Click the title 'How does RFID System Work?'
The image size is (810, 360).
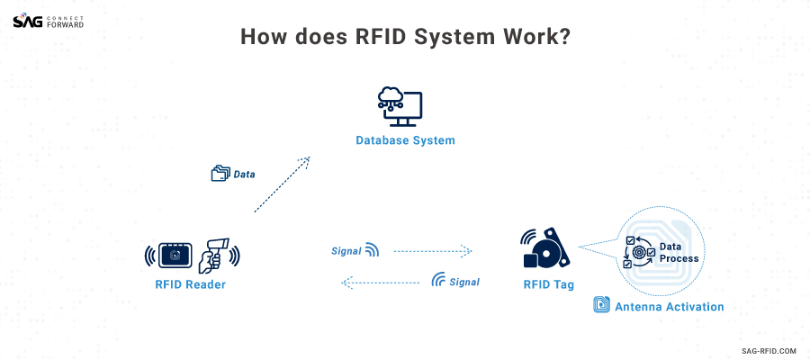[405, 38]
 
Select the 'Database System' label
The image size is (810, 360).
[405, 140]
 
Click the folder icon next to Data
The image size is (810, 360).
[220, 174]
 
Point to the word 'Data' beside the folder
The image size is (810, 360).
[244, 175]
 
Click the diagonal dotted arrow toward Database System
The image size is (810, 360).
[282, 184]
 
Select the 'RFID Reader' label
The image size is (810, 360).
[190, 285]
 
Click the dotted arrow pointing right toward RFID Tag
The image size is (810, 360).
[433, 251]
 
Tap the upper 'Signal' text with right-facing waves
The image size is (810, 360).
[346, 251]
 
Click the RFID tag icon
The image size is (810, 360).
[545, 248]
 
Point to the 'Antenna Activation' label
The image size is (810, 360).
[669, 307]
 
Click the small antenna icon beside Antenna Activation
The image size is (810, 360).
[601, 305]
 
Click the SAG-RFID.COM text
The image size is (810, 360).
[769, 350]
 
